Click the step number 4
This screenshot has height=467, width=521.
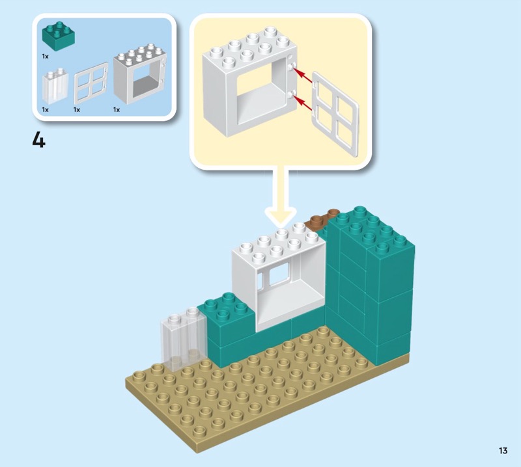(x=39, y=140)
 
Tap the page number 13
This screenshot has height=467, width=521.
(x=503, y=451)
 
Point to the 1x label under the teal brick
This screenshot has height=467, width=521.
(x=45, y=57)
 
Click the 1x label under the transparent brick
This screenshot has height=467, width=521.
(x=45, y=110)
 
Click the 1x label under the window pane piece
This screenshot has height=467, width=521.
(x=77, y=110)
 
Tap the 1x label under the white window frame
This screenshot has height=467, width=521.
(x=117, y=110)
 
